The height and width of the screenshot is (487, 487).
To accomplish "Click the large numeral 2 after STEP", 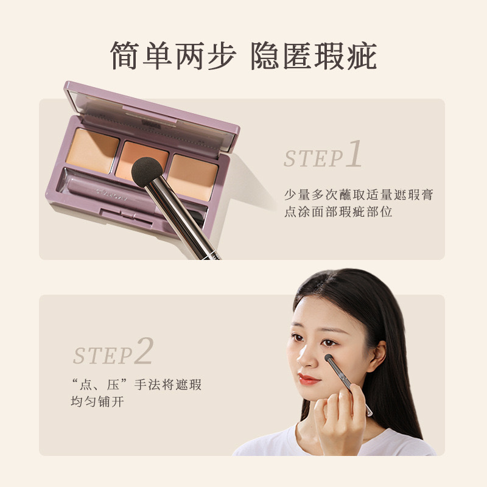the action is (144, 351).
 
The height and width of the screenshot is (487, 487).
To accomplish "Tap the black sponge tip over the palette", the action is (147, 172).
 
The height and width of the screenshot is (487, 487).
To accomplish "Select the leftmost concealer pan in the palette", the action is (93, 150).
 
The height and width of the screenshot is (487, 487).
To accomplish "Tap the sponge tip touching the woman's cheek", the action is (329, 358).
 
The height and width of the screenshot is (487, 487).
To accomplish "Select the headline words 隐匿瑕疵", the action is (314, 56).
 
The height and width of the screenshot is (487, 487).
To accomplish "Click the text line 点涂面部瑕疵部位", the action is (338, 212).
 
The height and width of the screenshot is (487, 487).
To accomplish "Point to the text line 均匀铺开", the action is (97, 401).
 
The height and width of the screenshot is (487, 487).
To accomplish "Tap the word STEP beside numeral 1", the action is (313, 158).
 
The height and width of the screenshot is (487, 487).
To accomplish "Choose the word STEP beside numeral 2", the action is (103, 356).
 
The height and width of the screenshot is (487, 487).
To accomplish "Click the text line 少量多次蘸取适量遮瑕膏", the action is (359, 195).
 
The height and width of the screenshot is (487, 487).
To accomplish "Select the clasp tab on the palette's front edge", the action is (127, 215).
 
